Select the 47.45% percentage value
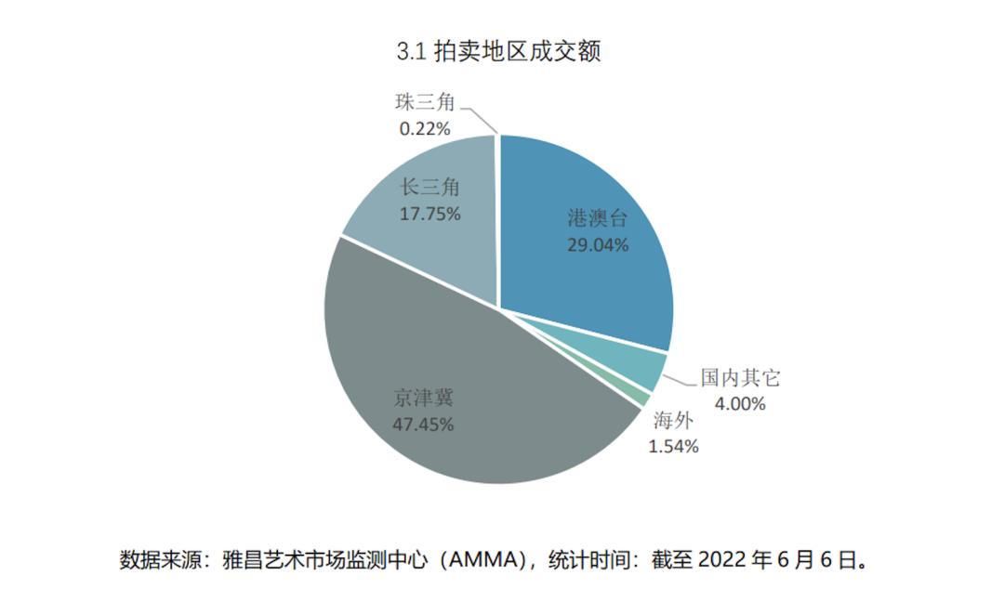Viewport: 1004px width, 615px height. (x=423, y=425)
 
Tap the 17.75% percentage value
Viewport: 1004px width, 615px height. (x=430, y=214)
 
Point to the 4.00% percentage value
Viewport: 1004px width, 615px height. (x=740, y=403)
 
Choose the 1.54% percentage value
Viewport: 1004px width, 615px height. (x=673, y=446)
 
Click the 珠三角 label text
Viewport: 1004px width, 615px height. (x=425, y=103)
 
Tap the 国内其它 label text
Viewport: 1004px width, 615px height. (x=740, y=378)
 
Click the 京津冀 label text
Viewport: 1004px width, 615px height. (x=423, y=399)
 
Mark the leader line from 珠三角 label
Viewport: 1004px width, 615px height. (x=482, y=119)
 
